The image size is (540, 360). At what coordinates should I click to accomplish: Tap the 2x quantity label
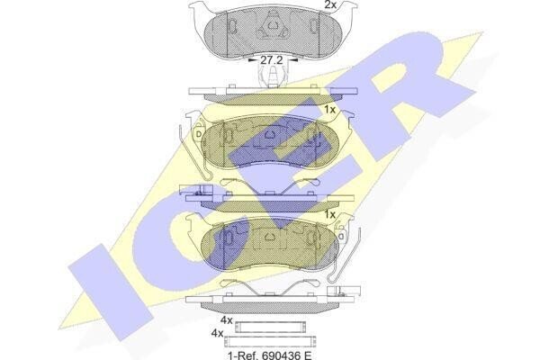331,4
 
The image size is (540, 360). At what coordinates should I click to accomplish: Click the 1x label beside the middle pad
329,110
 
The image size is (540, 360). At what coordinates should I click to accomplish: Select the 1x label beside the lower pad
329,214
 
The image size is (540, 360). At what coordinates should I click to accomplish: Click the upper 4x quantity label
227,320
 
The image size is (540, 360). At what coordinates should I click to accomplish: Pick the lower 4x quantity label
217,333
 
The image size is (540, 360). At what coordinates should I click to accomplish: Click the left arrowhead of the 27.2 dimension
252,60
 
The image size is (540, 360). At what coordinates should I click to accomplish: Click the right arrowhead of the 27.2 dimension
292,60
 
